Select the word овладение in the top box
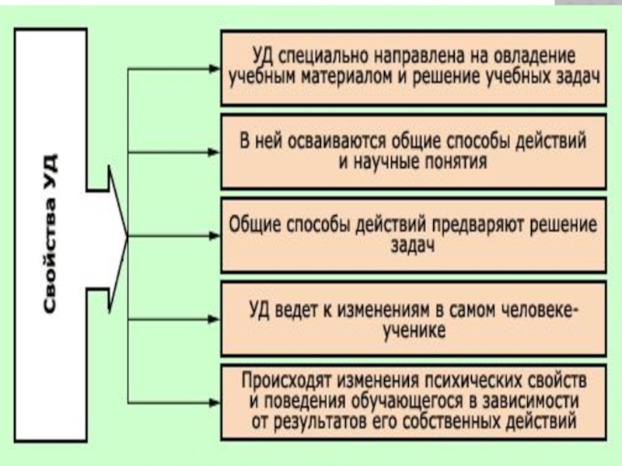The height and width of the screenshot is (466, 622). coord(538,57)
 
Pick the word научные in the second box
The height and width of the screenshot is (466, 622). coord(382,162)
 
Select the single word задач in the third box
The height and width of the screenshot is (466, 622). coord(413,245)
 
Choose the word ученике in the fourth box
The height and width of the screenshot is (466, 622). coord(413,331)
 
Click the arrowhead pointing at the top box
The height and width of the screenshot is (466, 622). coord(214,68)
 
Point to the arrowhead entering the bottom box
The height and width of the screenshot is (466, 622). coord(214,402)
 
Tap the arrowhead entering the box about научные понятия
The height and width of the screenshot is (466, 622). coord(214,152)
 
